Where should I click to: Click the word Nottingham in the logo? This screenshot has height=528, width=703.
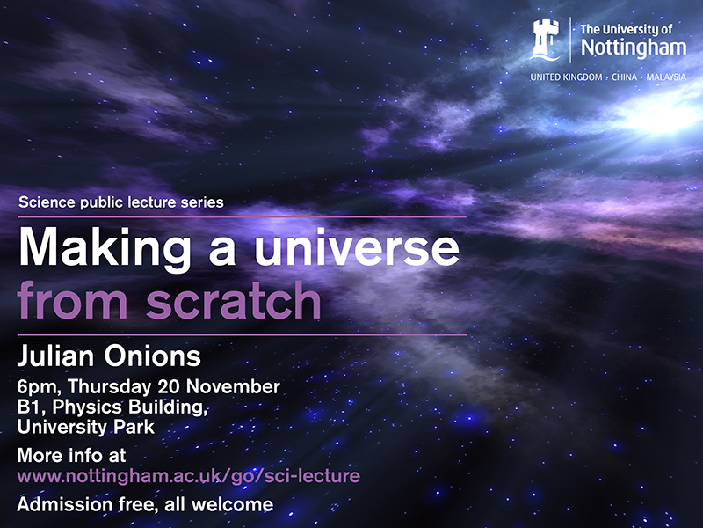[x=632, y=49]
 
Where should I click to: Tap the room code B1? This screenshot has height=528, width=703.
[x=29, y=408]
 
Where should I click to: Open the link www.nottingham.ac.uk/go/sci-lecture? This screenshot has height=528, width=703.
[x=189, y=476]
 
